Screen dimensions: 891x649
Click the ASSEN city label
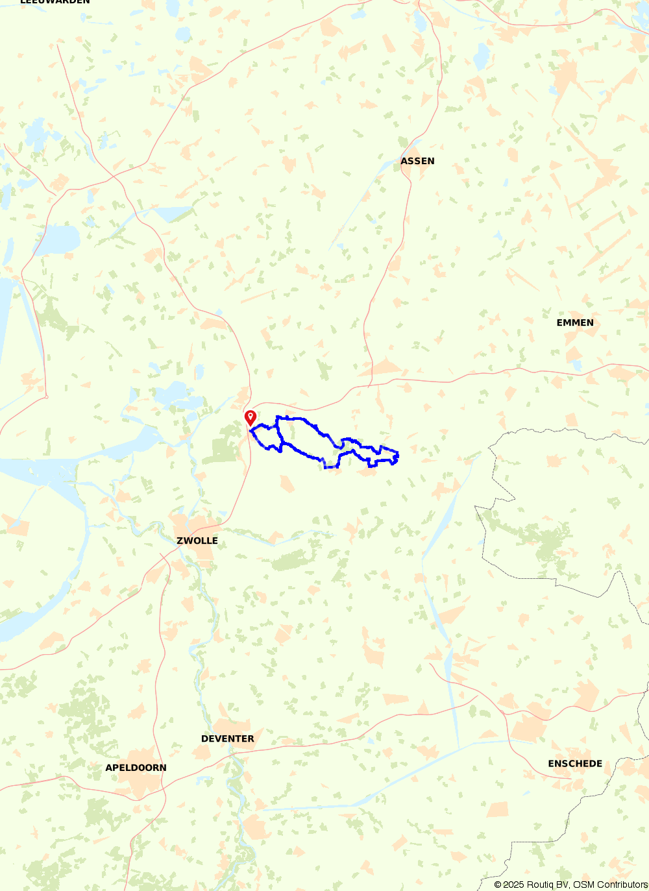pos(417,161)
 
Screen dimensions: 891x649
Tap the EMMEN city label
pos(575,323)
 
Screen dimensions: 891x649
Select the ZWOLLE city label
pos(197,541)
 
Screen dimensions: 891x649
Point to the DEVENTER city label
pos(228,738)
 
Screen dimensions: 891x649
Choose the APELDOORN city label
pos(136,768)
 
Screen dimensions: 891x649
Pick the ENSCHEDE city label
pos(575,764)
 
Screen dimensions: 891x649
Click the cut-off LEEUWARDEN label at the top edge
pos(55,2)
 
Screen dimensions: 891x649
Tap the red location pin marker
pos(251,418)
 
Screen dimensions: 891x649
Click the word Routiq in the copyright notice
pos(541,885)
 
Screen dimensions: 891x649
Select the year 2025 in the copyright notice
pos(513,885)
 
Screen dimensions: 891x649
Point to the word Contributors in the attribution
pos(622,885)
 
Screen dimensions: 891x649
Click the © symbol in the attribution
pos(498,885)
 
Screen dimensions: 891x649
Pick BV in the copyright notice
pos(563,885)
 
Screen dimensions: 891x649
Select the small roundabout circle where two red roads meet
pos(47,397)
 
